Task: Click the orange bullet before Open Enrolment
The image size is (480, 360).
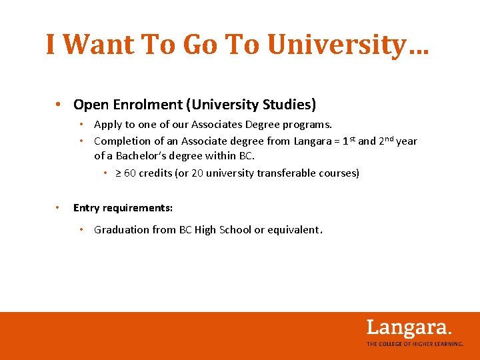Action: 59,105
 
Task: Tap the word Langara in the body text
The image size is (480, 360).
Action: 315,141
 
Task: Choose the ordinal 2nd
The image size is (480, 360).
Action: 386,140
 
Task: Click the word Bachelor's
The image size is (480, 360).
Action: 142,156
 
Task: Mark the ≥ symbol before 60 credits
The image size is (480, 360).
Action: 118,173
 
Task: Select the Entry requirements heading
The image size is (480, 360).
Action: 123,208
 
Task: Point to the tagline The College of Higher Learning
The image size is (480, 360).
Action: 415,344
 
